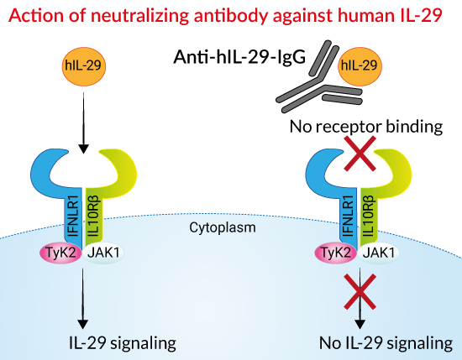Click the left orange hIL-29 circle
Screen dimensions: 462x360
point(84,66)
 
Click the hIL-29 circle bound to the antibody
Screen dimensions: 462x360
point(360,66)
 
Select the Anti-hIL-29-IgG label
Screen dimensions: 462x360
point(239,56)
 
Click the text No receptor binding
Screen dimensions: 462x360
point(366,127)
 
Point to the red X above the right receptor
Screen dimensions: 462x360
point(360,154)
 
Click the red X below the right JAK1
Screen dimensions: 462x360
point(360,292)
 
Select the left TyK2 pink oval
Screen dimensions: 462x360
point(61,253)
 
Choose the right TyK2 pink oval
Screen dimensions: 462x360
point(336,253)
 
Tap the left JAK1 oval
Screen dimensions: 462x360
point(103,253)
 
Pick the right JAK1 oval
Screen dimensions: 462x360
point(378,253)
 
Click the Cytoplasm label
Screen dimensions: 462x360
point(223,228)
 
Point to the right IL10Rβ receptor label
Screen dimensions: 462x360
point(370,216)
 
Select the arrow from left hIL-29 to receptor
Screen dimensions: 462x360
point(84,123)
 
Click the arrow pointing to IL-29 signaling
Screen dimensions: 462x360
point(83,298)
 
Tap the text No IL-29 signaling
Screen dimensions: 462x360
point(386,343)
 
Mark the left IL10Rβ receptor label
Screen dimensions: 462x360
point(94,216)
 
